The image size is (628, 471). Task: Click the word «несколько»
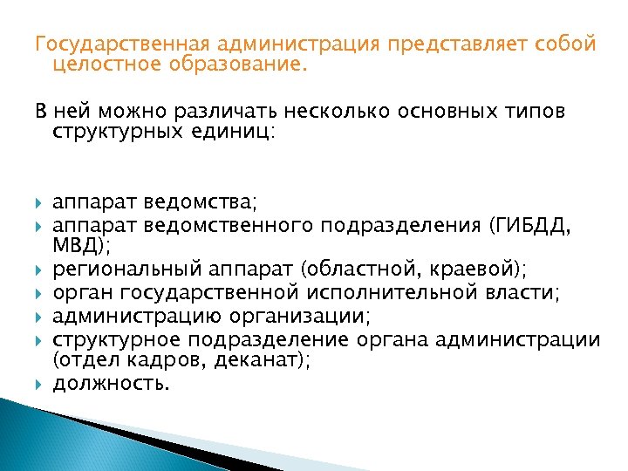(x=323, y=113)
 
